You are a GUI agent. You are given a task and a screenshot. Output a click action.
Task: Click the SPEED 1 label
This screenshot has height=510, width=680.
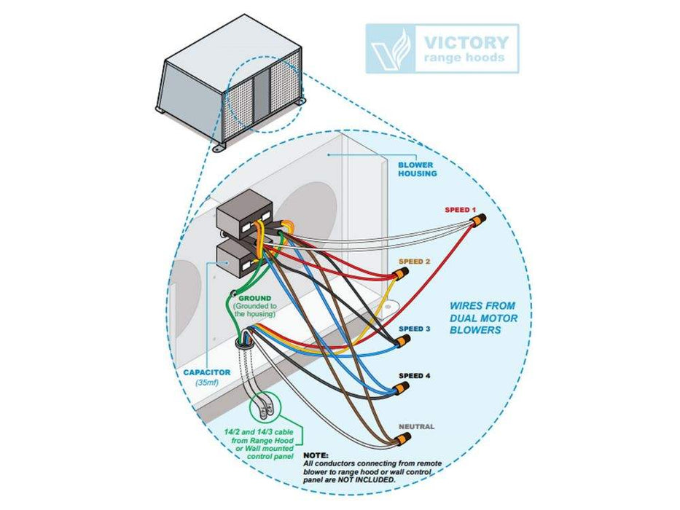pyautogui.click(x=456, y=210)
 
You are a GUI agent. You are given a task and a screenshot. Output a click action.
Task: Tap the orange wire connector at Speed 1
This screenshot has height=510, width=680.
pyautogui.click(x=479, y=219)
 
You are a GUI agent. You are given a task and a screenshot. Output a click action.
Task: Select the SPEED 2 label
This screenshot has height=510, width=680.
pyautogui.click(x=413, y=261)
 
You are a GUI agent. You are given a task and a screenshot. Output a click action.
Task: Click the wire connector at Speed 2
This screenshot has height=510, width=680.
pyautogui.click(x=400, y=275)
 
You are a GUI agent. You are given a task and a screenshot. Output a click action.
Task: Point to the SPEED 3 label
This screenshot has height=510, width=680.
pyautogui.click(x=415, y=329)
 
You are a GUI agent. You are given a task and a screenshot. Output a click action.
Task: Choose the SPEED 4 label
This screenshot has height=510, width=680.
pyautogui.click(x=415, y=375)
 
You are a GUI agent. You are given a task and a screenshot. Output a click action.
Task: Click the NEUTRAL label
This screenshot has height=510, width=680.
pyautogui.click(x=416, y=426)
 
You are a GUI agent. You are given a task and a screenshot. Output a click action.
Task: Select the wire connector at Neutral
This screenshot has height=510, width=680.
pyautogui.click(x=403, y=439)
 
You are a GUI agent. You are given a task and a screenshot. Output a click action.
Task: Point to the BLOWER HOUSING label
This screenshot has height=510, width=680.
pyautogui.click(x=415, y=169)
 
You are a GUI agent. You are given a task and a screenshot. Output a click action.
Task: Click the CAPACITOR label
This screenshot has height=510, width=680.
pyautogui.click(x=207, y=372)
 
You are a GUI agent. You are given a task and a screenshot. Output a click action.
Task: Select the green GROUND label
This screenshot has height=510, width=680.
pyautogui.click(x=255, y=299)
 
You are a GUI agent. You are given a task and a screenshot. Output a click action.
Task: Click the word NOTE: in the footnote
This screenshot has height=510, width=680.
pyautogui.click(x=315, y=455)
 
